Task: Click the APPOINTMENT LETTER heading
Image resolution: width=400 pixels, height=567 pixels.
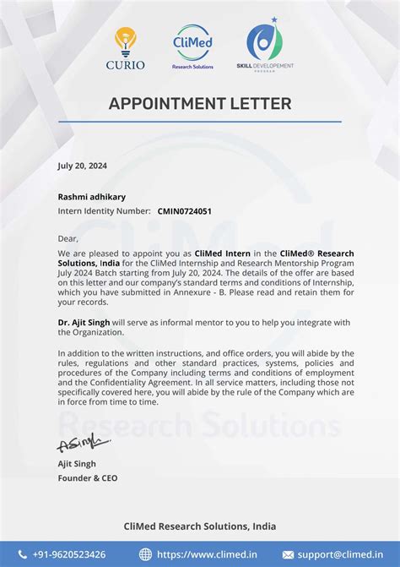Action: pos(200,104)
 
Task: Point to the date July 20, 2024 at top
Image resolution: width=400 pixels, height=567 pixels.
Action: pos(83,166)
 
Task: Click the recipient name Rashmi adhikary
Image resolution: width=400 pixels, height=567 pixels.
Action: pos(92,197)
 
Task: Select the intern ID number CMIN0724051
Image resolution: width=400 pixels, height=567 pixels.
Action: pos(185,211)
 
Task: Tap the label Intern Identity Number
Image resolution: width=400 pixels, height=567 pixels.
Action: pos(105,211)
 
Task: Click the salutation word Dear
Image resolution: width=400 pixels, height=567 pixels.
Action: pos(68,238)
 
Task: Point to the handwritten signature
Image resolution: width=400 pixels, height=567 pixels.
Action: pos(83,444)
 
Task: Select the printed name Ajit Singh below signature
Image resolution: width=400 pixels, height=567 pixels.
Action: pos(77,464)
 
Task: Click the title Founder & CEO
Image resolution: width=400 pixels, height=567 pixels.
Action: pos(88,478)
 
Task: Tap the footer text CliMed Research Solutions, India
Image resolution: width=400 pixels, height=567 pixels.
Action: pos(200,526)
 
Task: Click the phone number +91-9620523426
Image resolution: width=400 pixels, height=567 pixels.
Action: pos(69,554)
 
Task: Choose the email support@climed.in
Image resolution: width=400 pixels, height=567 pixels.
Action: pos(334,554)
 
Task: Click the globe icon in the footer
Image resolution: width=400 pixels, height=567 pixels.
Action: pos(145,554)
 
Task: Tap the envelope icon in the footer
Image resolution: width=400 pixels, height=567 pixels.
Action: pos(288,554)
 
